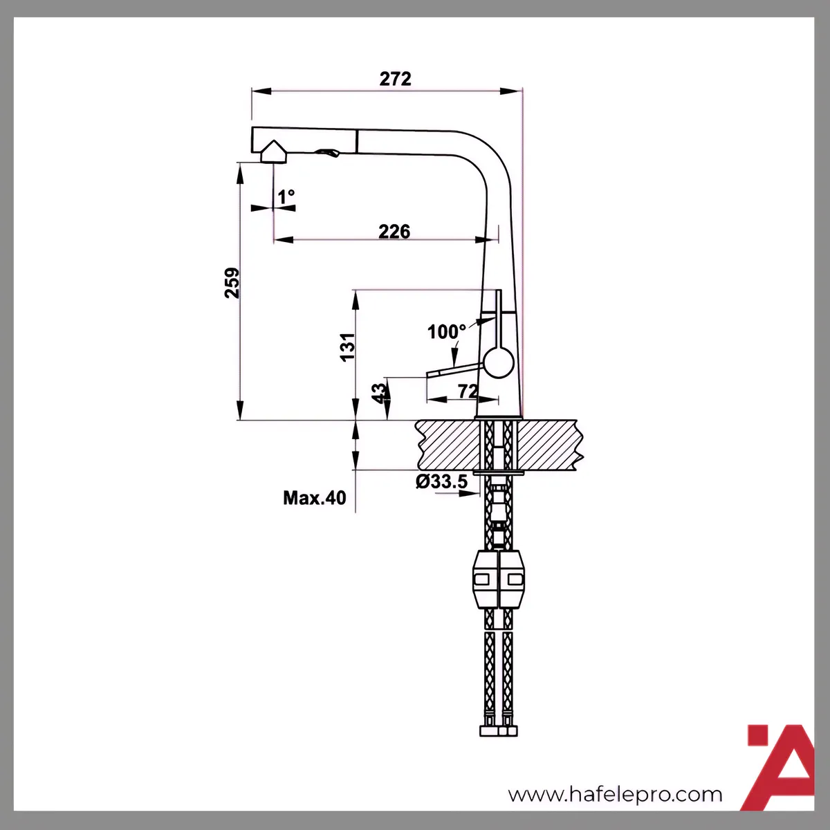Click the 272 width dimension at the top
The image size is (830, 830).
[x=395, y=79]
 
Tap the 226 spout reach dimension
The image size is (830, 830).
[x=394, y=232]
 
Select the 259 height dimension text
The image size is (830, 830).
[x=232, y=283]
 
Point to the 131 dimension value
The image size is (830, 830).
[x=348, y=347]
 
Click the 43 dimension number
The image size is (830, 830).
[x=379, y=394]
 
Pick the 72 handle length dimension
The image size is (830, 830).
[x=468, y=391]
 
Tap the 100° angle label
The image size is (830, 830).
[x=447, y=332]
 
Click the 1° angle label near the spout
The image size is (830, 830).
[x=286, y=197]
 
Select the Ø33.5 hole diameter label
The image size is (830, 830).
[x=441, y=481]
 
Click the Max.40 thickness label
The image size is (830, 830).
[x=315, y=498]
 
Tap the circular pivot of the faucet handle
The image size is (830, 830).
[x=499, y=363]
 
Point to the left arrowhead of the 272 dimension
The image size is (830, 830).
[x=261, y=91]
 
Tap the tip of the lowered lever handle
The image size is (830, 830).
[x=427, y=374]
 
